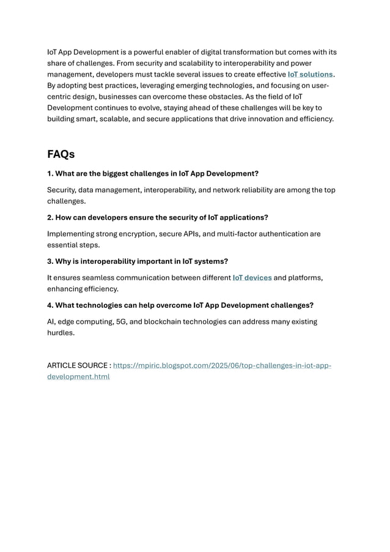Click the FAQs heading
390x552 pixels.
pos(61,154)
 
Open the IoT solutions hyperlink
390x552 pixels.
pos(310,74)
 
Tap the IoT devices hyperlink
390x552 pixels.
pos(252,278)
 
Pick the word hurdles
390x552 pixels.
pos(60,333)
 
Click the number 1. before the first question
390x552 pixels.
pos(50,173)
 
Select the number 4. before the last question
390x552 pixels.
pos(51,305)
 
